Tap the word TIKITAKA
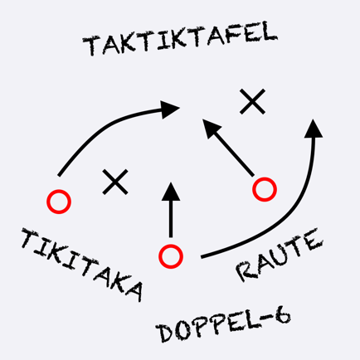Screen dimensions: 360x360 [x=82, y=265]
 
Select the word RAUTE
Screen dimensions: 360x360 [x=279, y=255]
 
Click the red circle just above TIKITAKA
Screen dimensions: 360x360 [x=59, y=202]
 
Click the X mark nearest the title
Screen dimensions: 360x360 [x=252, y=101]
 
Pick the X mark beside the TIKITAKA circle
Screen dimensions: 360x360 [x=115, y=182]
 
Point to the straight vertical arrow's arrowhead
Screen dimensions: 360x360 [x=171, y=192]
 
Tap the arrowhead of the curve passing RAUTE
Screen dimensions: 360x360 [x=314, y=129]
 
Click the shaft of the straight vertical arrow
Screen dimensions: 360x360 [x=171, y=218]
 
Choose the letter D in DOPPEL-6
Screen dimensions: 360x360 [x=165, y=333]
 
